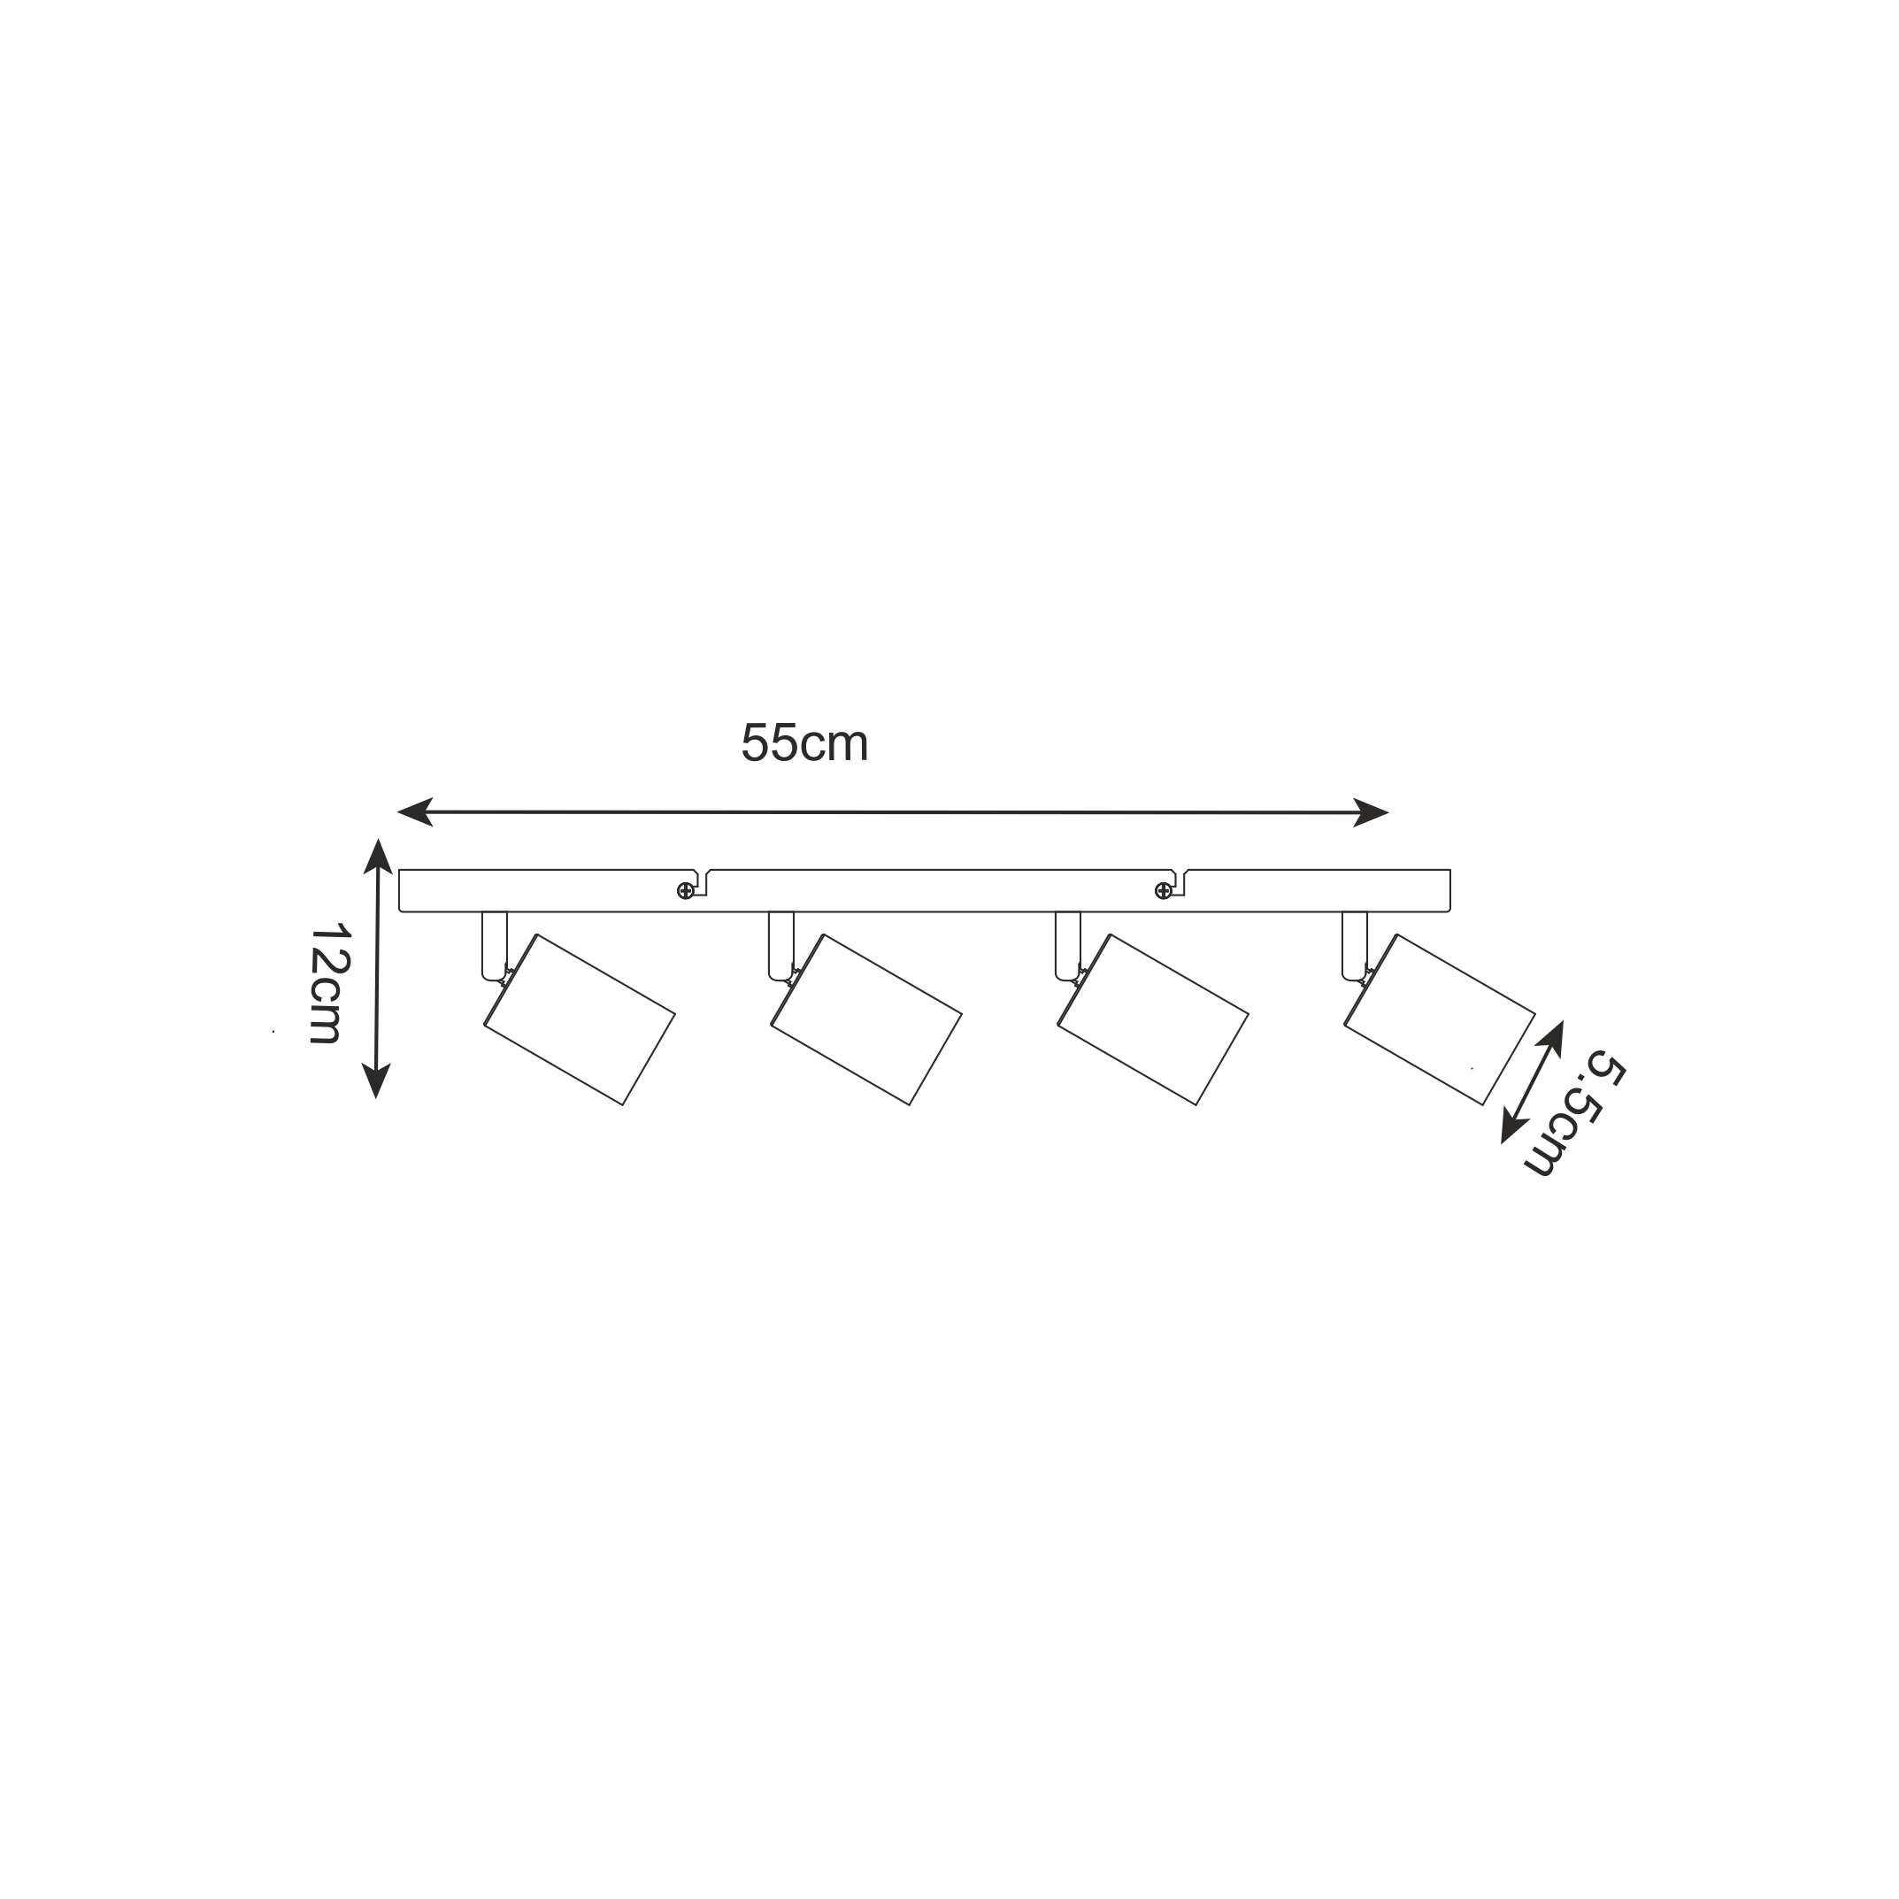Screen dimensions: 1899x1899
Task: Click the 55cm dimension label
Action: [x=804, y=743]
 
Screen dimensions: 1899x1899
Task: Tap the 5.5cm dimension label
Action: [x=1573, y=1113]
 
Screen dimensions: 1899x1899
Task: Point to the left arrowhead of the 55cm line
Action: [x=415, y=811]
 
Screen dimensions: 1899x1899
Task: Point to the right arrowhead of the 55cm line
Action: [x=1372, y=813]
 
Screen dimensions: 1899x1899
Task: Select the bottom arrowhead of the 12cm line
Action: [x=376, y=1080]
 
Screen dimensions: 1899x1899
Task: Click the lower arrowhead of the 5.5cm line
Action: [x=1511, y=1126]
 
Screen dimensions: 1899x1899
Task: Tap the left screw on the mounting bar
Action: [x=685, y=891]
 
